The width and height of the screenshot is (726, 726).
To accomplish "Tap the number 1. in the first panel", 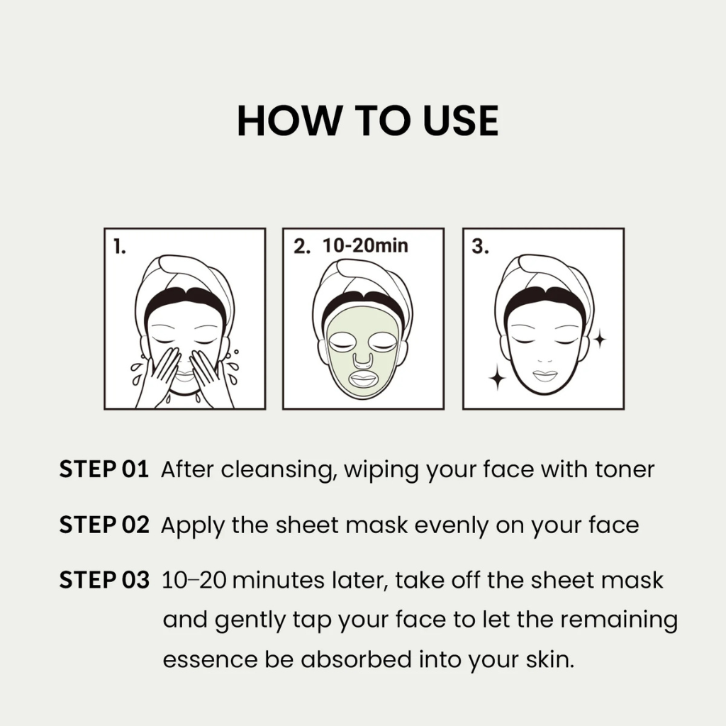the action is pyautogui.click(x=119, y=246).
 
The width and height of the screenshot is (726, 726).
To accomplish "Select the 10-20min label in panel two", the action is pyautogui.click(x=365, y=245).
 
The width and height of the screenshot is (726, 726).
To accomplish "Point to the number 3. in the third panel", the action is pyautogui.click(x=480, y=246).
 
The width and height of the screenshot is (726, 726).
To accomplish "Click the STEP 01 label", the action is pyautogui.click(x=104, y=469).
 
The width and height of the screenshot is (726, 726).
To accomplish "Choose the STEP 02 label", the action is pyautogui.click(x=104, y=525).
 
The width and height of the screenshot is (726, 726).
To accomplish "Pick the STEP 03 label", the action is pyautogui.click(x=104, y=580).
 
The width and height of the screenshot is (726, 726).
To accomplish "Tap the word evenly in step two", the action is pyautogui.click(x=452, y=525).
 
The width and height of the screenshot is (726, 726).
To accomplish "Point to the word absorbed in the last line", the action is pyautogui.click(x=356, y=659).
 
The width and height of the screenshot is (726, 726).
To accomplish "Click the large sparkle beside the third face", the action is pyautogui.click(x=498, y=379).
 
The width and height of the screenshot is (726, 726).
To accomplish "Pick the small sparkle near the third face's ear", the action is pyautogui.click(x=600, y=340).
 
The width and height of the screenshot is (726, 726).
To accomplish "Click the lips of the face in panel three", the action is pyautogui.click(x=544, y=376).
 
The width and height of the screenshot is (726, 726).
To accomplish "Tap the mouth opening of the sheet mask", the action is pyautogui.click(x=364, y=379).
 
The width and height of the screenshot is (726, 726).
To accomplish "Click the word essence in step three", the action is pyautogui.click(x=210, y=660).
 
